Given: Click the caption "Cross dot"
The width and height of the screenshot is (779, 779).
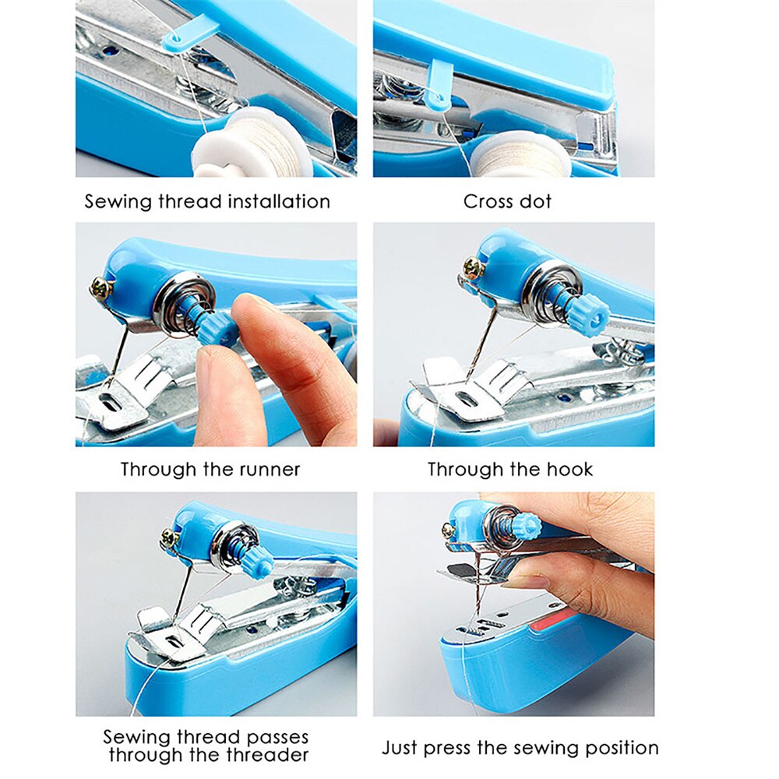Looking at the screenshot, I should tap(507, 201).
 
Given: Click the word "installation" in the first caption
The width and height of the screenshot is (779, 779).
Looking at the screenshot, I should tap(278, 201).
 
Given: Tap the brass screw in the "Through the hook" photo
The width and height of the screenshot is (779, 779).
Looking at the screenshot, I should tap(472, 268).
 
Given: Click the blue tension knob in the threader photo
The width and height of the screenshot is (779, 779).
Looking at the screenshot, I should tap(257, 559).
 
